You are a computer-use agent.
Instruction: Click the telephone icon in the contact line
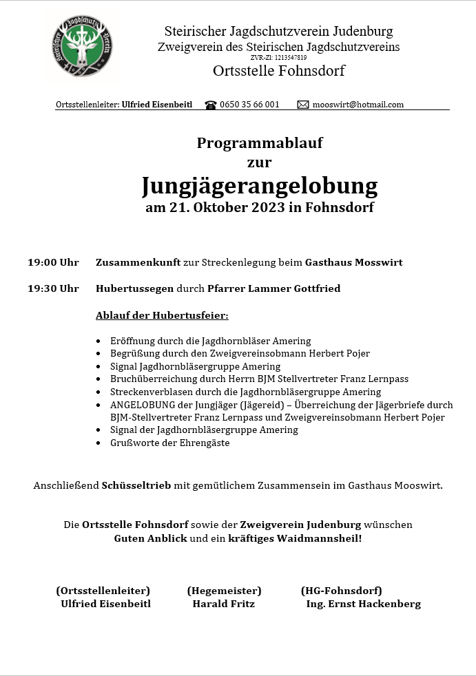[x=211, y=105]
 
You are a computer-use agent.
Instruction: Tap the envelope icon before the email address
[x=303, y=105]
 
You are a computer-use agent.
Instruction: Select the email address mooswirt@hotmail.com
[x=358, y=105]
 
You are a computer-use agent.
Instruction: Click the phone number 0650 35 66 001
[x=249, y=105]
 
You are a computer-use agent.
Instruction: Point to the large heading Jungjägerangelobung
[x=260, y=186]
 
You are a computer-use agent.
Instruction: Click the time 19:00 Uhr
[x=53, y=262]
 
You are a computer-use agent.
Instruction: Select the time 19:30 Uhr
[x=53, y=288]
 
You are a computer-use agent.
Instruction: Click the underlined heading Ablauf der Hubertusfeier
[x=162, y=315]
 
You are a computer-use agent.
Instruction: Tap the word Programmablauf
[x=260, y=143]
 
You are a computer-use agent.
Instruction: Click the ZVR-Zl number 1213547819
[x=289, y=58]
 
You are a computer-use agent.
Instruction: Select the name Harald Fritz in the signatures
[x=224, y=604]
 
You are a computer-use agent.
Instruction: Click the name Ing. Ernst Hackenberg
[x=363, y=604]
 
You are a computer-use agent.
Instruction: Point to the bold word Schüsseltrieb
[x=136, y=485]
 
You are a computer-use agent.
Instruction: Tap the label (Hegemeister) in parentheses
[x=224, y=591]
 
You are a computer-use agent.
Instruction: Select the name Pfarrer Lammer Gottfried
[x=273, y=288]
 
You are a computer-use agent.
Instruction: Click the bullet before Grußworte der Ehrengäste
[x=100, y=443]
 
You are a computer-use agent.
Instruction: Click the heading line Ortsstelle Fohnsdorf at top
[x=278, y=71]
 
